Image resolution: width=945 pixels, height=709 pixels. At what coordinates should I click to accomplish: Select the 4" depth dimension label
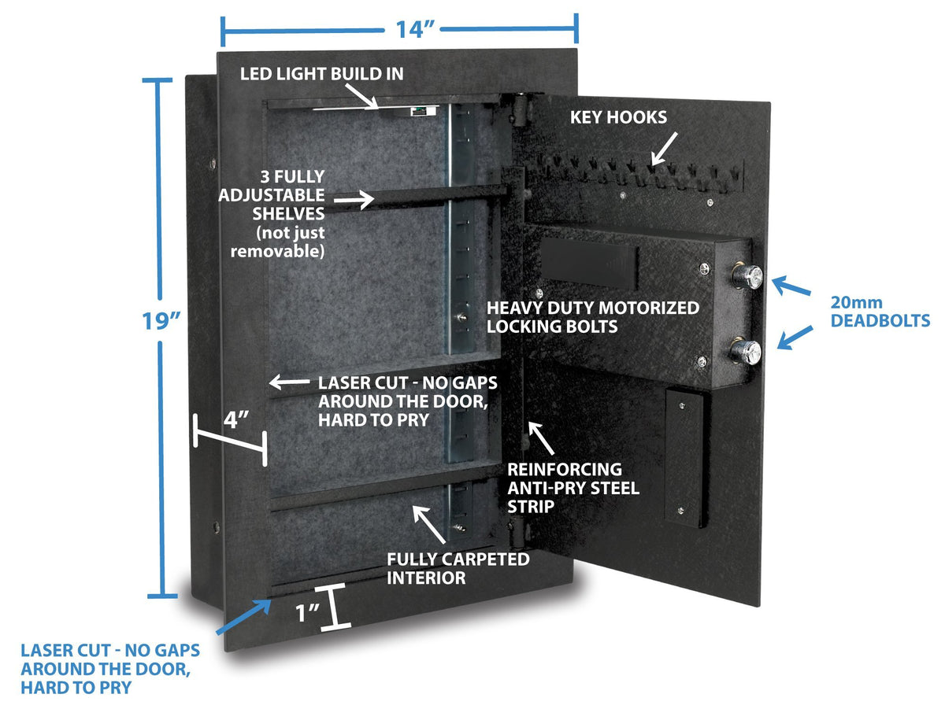click(236, 419)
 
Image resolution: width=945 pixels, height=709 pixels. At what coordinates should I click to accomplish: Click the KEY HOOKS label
click(618, 117)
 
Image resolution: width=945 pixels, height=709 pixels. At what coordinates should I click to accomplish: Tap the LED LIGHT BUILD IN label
click(323, 74)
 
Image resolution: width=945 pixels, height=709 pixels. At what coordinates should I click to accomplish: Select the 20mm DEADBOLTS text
click(880, 312)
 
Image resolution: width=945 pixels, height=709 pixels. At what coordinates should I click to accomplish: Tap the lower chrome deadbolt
click(749, 351)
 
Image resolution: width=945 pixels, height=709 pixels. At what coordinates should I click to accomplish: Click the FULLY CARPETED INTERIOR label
click(457, 568)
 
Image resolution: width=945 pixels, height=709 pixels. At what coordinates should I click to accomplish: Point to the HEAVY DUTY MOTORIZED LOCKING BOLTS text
click(592, 316)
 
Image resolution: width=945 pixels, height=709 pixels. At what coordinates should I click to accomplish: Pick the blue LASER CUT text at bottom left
click(110, 669)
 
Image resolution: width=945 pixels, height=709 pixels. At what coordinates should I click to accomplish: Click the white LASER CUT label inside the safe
click(408, 401)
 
